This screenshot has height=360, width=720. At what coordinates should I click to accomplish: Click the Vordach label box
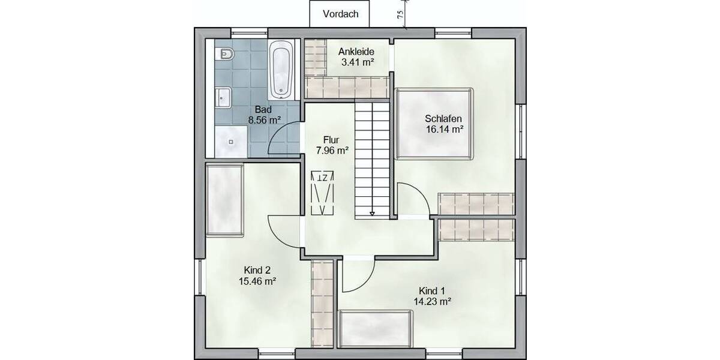(x=340, y=14)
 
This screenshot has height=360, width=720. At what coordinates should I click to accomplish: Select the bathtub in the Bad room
(x=281, y=70)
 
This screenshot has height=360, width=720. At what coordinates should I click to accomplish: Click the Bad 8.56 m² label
(x=265, y=115)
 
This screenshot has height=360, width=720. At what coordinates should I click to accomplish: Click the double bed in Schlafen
(x=434, y=124)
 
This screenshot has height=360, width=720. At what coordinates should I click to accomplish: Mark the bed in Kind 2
(x=224, y=200)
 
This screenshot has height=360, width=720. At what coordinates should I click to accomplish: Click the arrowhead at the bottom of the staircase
(x=373, y=213)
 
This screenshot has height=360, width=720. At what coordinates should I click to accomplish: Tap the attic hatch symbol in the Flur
(x=323, y=193)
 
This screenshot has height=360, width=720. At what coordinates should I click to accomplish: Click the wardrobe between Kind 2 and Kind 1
(x=323, y=302)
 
